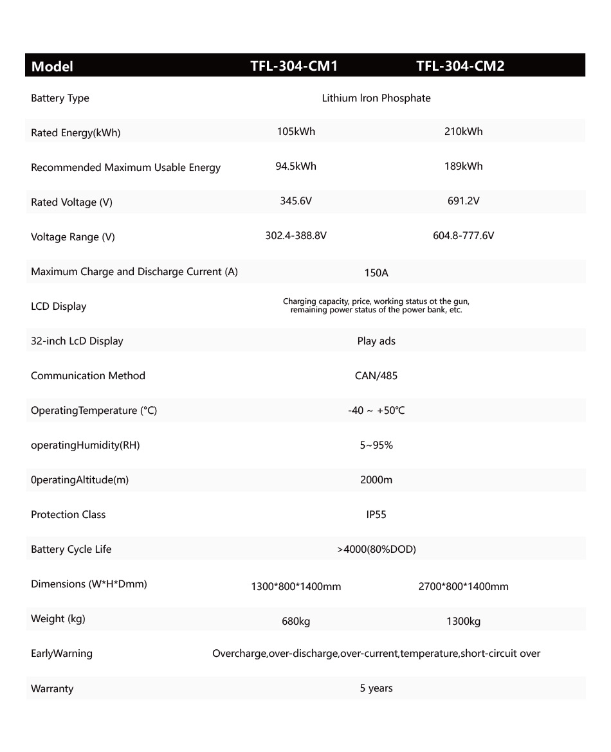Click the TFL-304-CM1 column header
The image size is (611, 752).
tap(294, 66)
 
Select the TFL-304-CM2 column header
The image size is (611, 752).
tap(460, 66)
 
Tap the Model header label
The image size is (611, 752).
tap(52, 66)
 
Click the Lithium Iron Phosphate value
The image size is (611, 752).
tap(376, 98)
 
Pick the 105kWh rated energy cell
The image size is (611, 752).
tap(296, 132)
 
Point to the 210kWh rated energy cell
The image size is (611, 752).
tap(463, 132)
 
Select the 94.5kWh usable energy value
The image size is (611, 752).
tap(296, 166)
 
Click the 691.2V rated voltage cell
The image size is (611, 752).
tap(463, 201)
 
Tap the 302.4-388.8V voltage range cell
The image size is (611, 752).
tap(296, 236)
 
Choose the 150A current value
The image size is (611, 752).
tap(376, 273)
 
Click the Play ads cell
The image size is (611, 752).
tap(376, 341)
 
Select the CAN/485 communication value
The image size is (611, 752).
tap(376, 376)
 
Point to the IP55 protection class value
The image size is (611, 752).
tap(376, 515)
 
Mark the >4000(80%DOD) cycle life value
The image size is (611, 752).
tap(376, 550)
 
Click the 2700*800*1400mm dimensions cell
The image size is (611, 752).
tap(463, 587)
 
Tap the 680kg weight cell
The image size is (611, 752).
tap(296, 622)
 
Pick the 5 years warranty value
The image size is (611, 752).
tap(376, 688)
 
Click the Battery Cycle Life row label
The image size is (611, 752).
tap(71, 550)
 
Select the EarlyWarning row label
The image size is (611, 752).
tap(62, 654)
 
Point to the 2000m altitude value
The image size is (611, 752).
tap(376, 480)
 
